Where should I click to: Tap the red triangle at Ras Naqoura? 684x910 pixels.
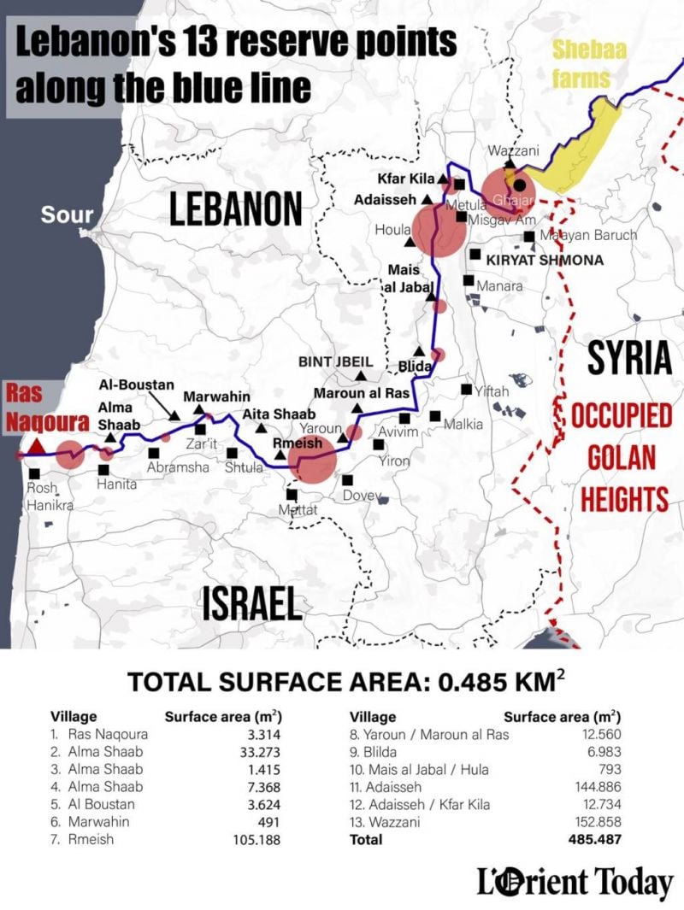[x=36, y=446]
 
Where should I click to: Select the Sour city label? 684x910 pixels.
[x=67, y=214]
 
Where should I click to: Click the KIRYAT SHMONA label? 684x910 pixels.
[x=545, y=260]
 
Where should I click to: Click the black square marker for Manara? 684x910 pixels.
[x=469, y=280]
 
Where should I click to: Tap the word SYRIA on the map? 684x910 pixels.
[x=630, y=359]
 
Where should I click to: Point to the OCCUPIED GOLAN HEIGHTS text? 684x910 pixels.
[x=620, y=458]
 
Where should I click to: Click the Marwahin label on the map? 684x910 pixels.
[x=217, y=396]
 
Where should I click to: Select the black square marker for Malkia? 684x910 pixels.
[x=435, y=416]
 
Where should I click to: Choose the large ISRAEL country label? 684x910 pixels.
[x=252, y=603]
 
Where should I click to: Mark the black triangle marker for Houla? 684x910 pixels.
[x=410, y=243]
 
